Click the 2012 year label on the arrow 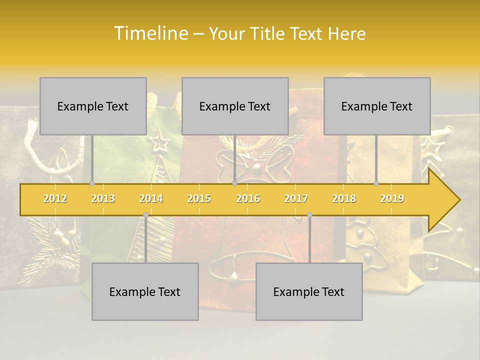point(55,198)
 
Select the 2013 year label point(103,198)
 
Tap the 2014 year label point(151,198)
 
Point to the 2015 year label point(199,198)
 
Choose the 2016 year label point(248,198)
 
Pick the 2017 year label point(296,198)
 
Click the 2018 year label point(344,198)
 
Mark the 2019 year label point(392,198)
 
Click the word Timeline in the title point(150,33)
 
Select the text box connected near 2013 point(93,106)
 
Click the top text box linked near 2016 point(235,106)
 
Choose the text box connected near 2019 point(377,106)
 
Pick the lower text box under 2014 point(145,291)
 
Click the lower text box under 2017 point(309,291)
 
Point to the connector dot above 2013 point(92,183)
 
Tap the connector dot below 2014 point(145,215)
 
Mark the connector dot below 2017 point(309,215)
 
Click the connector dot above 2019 point(376,183)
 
